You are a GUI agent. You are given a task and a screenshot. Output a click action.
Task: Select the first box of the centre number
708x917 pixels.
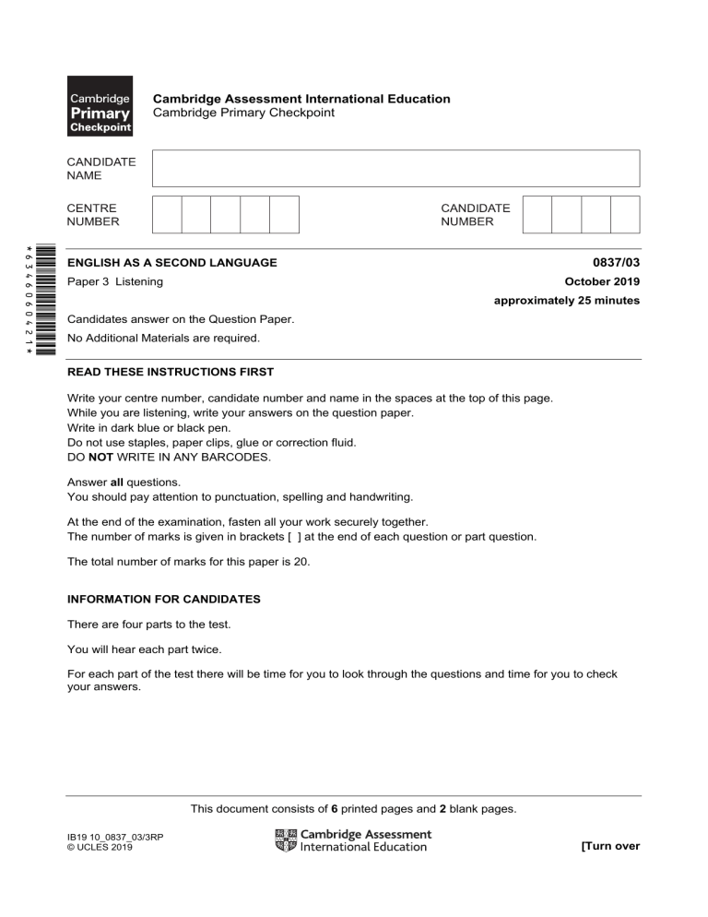pos(167,214)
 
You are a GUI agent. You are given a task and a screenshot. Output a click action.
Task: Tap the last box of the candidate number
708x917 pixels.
pos(625,214)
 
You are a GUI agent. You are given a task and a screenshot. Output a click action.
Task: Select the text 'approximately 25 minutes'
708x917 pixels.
pos(566,301)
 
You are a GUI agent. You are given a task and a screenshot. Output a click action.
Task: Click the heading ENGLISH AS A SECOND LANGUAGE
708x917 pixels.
pos(172,263)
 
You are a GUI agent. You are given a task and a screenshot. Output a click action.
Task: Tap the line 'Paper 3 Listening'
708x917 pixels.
pos(115,281)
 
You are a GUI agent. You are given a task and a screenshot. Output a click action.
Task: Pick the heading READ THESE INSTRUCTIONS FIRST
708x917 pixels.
pos(171,373)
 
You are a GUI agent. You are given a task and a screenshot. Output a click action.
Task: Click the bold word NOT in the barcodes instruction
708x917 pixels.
pos(101,458)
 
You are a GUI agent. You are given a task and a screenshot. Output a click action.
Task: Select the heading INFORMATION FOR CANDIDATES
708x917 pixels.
pos(164,600)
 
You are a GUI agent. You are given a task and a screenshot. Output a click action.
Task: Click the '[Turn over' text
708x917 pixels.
pos(609,845)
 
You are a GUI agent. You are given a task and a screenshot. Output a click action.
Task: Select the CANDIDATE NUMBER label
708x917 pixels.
pos(475,215)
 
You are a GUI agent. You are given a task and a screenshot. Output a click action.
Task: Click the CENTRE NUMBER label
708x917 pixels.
pos(93,215)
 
